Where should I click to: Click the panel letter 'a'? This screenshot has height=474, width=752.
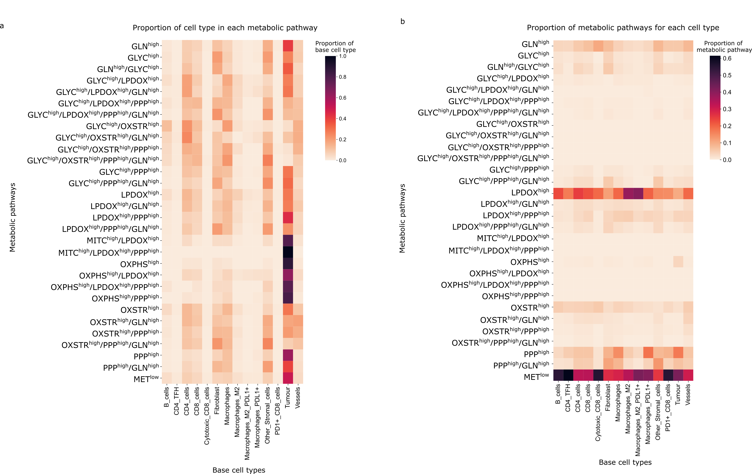2,26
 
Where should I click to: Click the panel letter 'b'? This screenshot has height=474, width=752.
402,22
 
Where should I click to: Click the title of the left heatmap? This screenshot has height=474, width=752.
225,28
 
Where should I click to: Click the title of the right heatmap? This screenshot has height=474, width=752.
623,28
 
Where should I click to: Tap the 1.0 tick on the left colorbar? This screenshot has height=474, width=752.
343,56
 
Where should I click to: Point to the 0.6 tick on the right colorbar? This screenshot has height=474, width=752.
727,58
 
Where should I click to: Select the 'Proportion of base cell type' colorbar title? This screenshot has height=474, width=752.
335,46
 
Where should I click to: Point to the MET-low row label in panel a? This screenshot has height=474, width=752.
146,379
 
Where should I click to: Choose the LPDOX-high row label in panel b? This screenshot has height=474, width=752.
530,192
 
